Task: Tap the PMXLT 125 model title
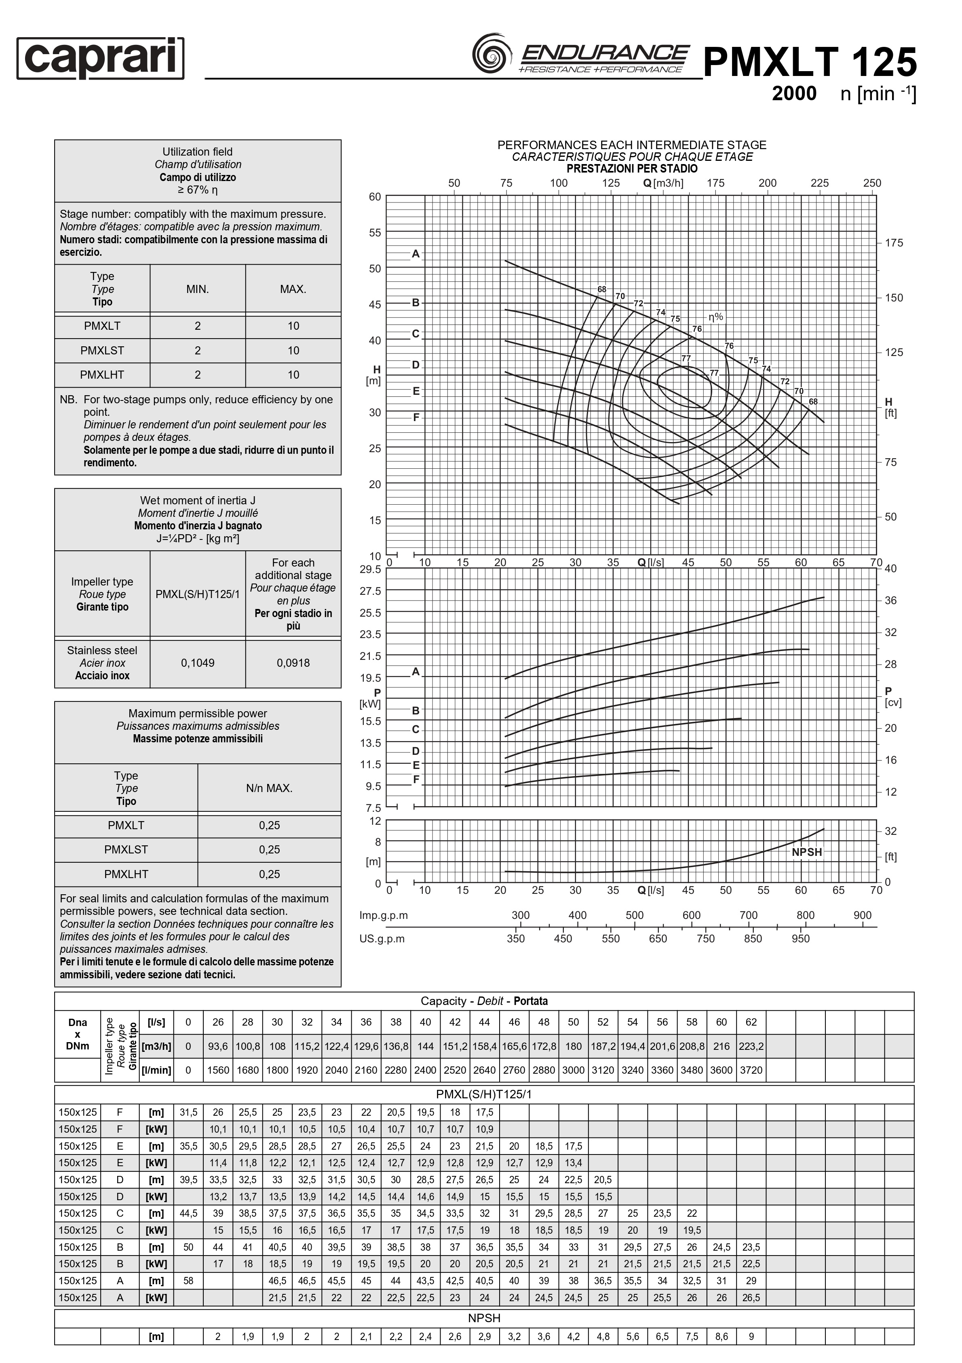point(810,62)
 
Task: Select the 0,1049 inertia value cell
point(198,663)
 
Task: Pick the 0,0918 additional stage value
point(293,663)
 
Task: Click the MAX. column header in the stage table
point(293,289)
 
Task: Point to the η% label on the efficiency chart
point(716,317)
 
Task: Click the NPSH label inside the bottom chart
point(806,852)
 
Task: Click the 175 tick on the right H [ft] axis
point(893,243)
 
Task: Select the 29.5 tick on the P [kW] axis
point(371,569)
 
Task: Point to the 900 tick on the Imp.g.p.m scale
point(862,915)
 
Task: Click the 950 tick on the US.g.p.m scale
point(800,939)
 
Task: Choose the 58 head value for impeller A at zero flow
point(188,1281)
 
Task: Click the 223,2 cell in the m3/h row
point(751,1047)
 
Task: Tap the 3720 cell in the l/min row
point(751,1070)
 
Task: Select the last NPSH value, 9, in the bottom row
point(751,1337)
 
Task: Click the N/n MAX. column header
point(269,788)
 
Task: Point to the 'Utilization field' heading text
point(198,152)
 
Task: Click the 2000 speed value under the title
point(794,94)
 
